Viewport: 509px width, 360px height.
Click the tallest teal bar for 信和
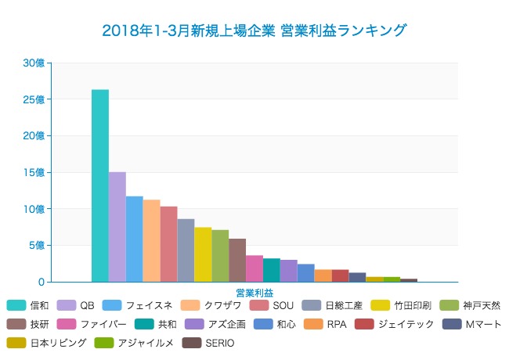pyautogui.click(x=100, y=185)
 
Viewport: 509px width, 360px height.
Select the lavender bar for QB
pyautogui.click(x=117, y=226)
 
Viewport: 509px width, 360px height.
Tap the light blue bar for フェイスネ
pyautogui.click(x=135, y=239)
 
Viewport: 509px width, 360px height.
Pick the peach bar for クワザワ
pyautogui.click(x=152, y=240)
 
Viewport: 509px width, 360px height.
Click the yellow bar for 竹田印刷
pyautogui.click(x=203, y=254)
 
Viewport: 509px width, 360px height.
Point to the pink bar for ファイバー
pyautogui.click(x=254, y=268)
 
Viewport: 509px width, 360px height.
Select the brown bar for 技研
pyautogui.click(x=237, y=260)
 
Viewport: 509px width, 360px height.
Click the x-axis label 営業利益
pyautogui.click(x=254, y=293)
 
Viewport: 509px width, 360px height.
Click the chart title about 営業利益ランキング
pyautogui.click(x=254, y=31)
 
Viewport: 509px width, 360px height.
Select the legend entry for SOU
pyautogui.click(x=283, y=305)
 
